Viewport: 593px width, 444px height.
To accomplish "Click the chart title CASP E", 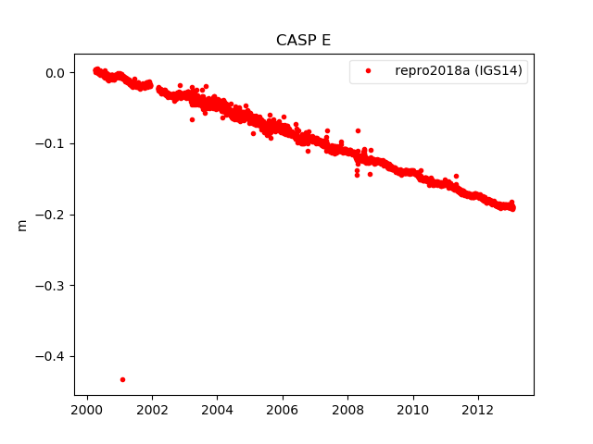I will point(303,41).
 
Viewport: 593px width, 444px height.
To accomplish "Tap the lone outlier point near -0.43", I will point(122,379).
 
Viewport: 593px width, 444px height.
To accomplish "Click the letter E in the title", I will point(325,41).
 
